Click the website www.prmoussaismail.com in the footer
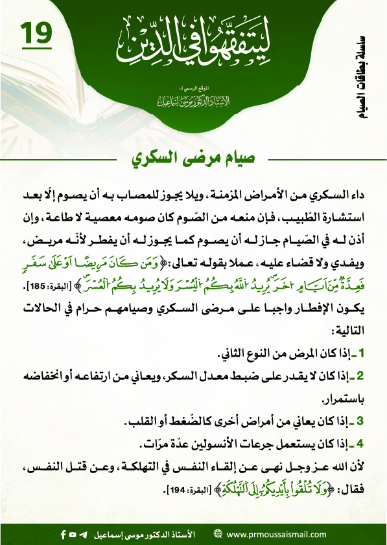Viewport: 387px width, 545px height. tap(276, 535)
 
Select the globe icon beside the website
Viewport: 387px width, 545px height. tap(218, 535)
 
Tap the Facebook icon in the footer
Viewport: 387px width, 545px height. tap(63, 535)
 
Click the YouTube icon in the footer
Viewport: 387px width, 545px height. tap(73, 535)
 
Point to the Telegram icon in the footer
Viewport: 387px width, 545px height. tap(82, 535)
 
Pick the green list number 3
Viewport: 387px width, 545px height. tap(363, 423)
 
